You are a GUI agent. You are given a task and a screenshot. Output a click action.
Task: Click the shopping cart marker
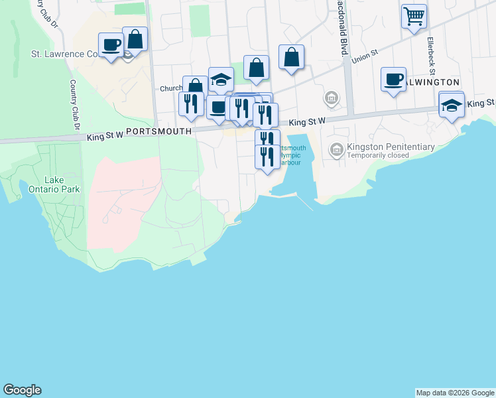[414, 16]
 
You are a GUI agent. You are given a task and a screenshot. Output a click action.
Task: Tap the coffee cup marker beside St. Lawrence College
[111, 46]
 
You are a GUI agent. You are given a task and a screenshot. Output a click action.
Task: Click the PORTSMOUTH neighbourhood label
[158, 132]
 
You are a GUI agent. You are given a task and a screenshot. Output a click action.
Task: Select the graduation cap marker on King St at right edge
[452, 105]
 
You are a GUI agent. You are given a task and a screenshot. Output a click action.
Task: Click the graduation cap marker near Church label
[221, 80]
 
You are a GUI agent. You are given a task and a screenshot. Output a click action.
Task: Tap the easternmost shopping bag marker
[291, 58]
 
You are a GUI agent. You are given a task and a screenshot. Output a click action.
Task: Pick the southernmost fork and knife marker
[267, 157]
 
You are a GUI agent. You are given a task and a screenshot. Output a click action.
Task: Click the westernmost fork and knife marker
[190, 104]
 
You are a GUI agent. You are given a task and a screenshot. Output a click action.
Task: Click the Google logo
[22, 390]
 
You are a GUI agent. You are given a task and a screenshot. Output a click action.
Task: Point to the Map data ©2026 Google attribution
[455, 393]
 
